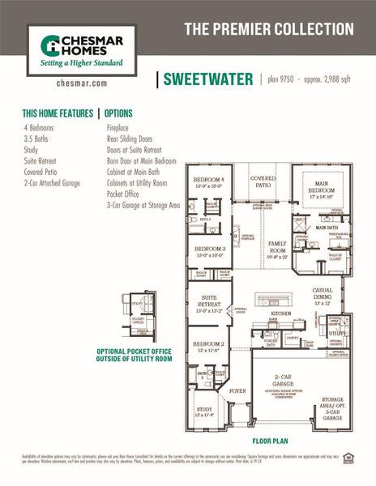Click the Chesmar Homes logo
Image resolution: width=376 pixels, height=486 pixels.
tap(77, 49)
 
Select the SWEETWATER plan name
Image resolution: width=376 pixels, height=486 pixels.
tap(207, 79)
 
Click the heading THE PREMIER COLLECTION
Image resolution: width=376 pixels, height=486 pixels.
tap(268, 29)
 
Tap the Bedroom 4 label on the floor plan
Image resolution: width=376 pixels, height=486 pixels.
tap(209, 180)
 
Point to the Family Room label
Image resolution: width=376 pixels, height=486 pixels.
tap(278, 246)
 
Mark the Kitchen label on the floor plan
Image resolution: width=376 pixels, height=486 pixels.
tap(281, 312)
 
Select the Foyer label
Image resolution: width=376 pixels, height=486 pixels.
tap(237, 390)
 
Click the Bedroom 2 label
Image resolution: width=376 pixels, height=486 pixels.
tap(209, 346)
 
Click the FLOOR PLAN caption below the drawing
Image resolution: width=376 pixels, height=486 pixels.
tap(271, 442)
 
